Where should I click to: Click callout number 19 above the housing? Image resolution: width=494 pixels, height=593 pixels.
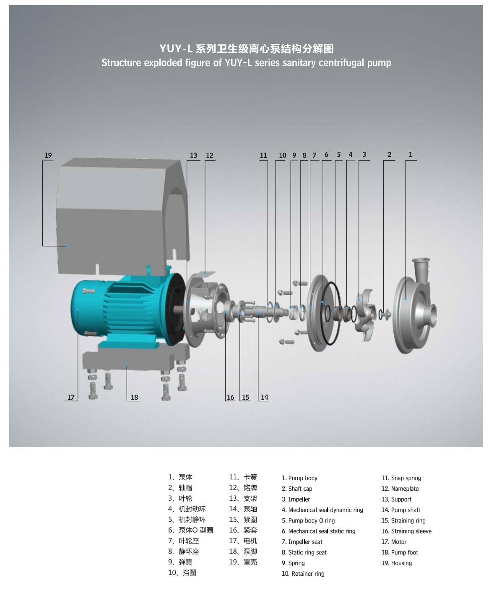pyautogui.click(x=48, y=155)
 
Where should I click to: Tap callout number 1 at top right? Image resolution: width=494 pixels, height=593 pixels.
pyautogui.click(x=411, y=154)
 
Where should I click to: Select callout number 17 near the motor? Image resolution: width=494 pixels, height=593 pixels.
pyautogui.click(x=71, y=397)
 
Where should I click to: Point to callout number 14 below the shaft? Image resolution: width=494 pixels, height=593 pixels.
pyautogui.click(x=265, y=397)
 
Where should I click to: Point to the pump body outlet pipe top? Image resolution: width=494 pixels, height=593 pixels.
pyautogui.click(x=421, y=260)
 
